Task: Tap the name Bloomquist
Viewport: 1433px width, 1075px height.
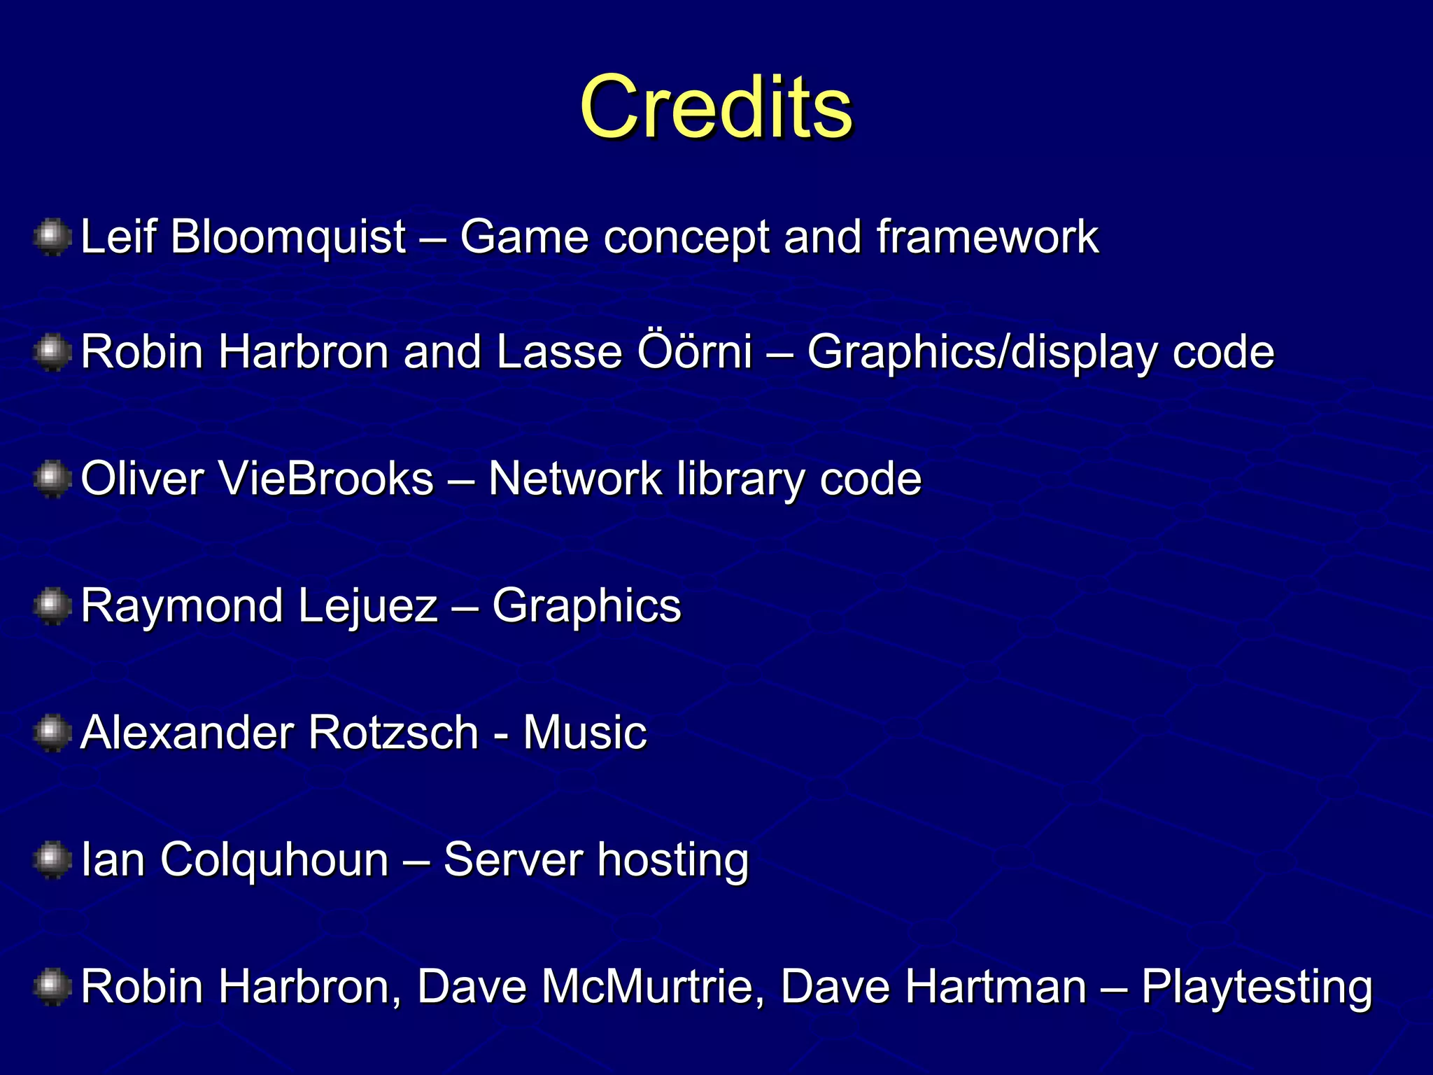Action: point(288,237)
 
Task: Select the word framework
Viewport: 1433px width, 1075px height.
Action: point(987,237)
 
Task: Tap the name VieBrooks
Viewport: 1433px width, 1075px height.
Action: point(326,479)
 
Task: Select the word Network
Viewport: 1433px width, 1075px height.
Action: point(575,479)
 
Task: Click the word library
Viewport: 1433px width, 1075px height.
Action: point(740,480)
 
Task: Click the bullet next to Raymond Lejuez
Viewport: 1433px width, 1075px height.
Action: point(52,605)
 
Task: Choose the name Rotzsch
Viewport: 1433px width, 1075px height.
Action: point(393,733)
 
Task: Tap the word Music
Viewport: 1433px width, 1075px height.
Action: point(585,733)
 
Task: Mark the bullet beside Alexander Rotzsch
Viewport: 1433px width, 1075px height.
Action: point(52,733)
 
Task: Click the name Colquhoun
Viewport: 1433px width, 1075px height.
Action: point(274,859)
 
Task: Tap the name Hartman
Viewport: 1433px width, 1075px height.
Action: point(933,987)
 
